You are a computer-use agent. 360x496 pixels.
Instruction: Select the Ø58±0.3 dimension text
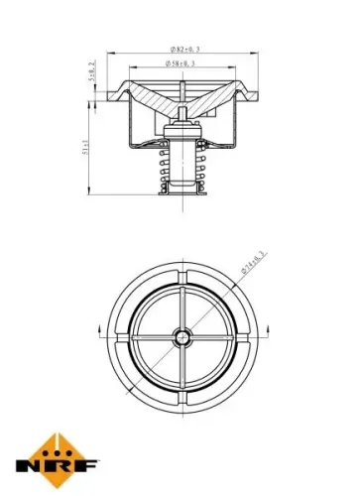coord(180,64)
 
